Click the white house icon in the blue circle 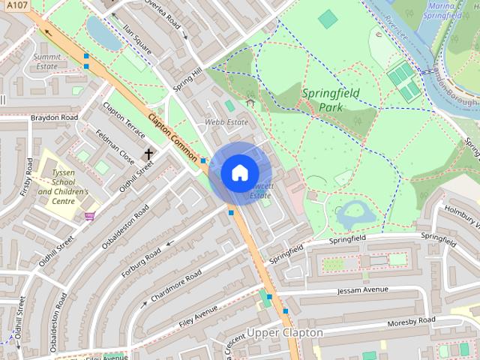239,172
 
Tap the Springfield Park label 331,100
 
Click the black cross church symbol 148,154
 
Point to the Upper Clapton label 285,332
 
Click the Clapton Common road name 173,136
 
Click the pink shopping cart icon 90,216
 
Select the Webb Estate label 226,121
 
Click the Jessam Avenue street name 363,289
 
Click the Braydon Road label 54,118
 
